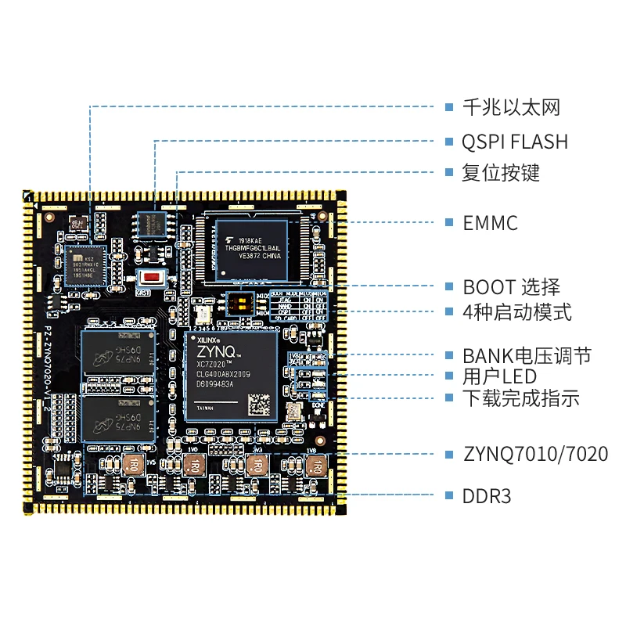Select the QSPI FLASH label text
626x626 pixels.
click(515, 142)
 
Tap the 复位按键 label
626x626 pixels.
click(501, 172)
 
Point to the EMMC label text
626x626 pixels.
click(490, 223)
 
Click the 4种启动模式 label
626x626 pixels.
click(516, 312)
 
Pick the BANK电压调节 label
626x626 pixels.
click(526, 356)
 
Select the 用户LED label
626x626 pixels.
click(498, 376)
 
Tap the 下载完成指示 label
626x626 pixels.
click(520, 398)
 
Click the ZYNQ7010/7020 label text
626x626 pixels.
click(535, 454)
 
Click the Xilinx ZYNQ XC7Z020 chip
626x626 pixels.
click(232, 376)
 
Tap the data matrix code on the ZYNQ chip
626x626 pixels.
click(260, 404)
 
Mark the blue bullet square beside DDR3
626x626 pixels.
click(449, 496)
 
